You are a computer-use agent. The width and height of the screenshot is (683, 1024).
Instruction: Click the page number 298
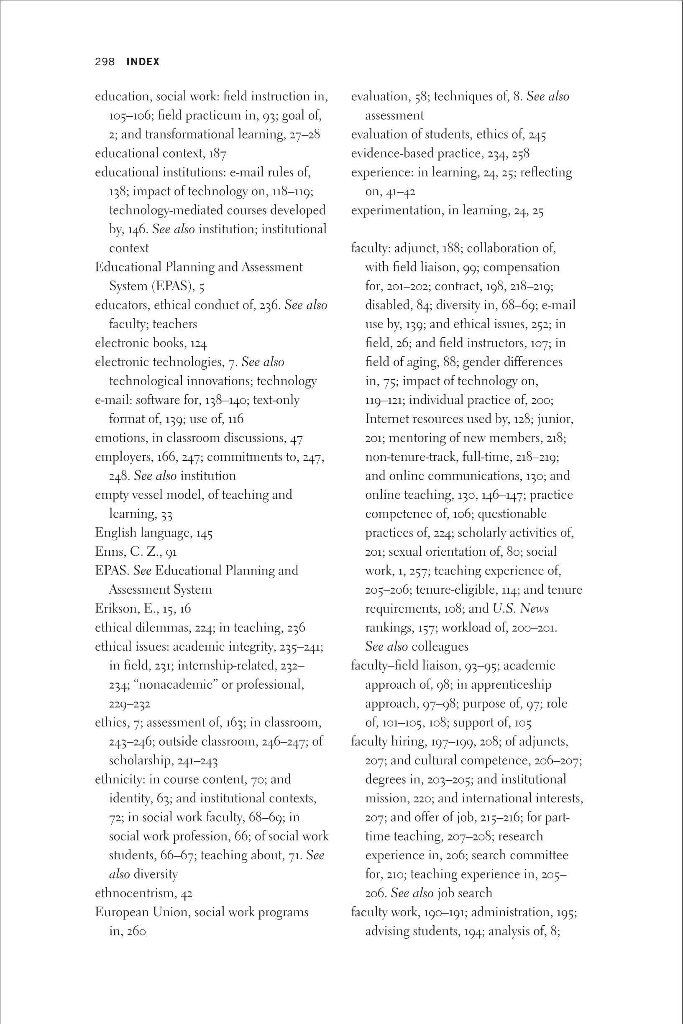pos(105,62)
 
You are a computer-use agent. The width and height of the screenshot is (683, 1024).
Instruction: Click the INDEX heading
pos(143,62)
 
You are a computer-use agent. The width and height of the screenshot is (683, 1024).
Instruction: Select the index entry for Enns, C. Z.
pos(136,552)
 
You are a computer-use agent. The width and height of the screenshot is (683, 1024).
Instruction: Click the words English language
pos(143,533)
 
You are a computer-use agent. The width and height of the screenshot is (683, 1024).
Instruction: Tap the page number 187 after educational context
pos(217,154)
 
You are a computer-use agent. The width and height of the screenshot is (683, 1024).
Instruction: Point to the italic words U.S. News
pos(521,609)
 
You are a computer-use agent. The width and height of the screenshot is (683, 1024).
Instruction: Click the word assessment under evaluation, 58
pos(394,115)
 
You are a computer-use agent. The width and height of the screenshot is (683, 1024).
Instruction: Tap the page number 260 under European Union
pos(136,931)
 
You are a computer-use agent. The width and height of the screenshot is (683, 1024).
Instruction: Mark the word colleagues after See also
pos(440,646)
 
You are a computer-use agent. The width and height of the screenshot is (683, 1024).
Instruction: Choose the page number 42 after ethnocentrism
pos(187,894)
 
